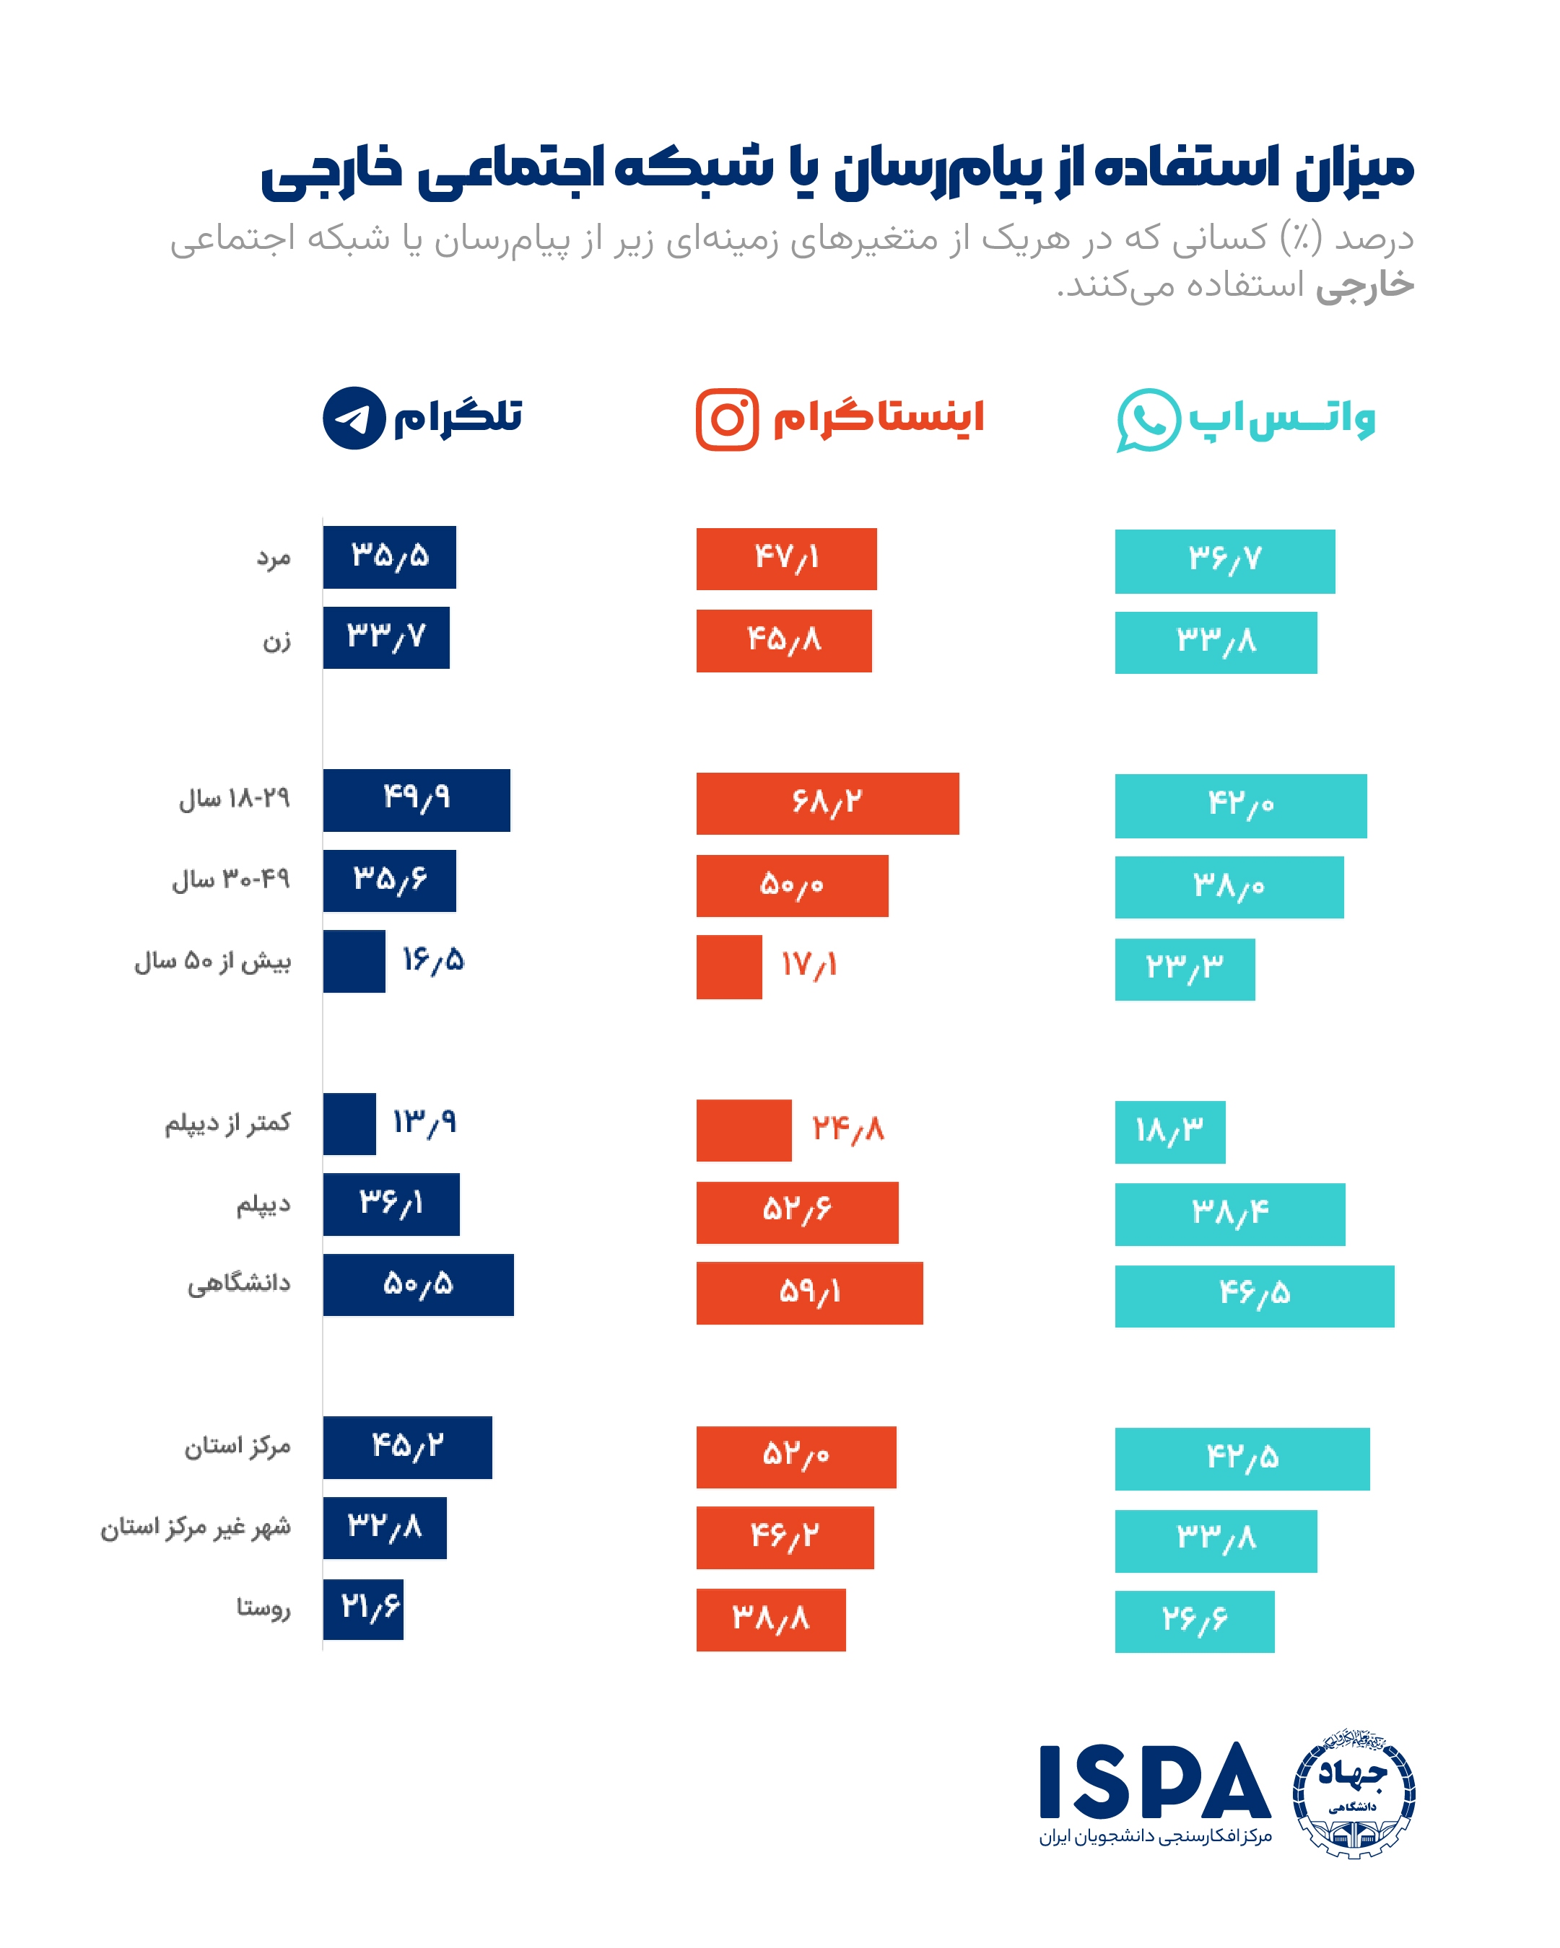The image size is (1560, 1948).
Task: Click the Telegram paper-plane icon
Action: coord(354,418)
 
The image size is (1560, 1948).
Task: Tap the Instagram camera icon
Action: coord(727,419)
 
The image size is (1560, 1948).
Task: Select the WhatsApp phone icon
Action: coord(1148,420)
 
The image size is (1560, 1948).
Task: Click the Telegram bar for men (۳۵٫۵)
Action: coord(390,556)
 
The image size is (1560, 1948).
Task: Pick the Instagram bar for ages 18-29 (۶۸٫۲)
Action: coord(827,803)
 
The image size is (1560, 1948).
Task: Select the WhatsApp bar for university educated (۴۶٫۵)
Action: coord(1254,1296)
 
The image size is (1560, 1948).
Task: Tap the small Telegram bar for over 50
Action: coord(354,961)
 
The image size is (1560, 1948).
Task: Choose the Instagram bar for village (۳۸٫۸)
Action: coord(770,1620)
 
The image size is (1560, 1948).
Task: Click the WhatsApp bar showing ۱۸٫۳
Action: coord(1169,1131)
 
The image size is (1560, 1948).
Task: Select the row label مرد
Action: coord(273,558)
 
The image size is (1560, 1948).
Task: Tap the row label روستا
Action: coord(264,1608)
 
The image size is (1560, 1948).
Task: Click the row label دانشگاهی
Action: coord(239,1284)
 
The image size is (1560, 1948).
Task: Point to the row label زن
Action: coord(276,641)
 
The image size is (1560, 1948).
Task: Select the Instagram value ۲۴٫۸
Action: coord(847,1129)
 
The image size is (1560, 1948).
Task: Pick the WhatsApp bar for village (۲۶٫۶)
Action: coord(1194,1622)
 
